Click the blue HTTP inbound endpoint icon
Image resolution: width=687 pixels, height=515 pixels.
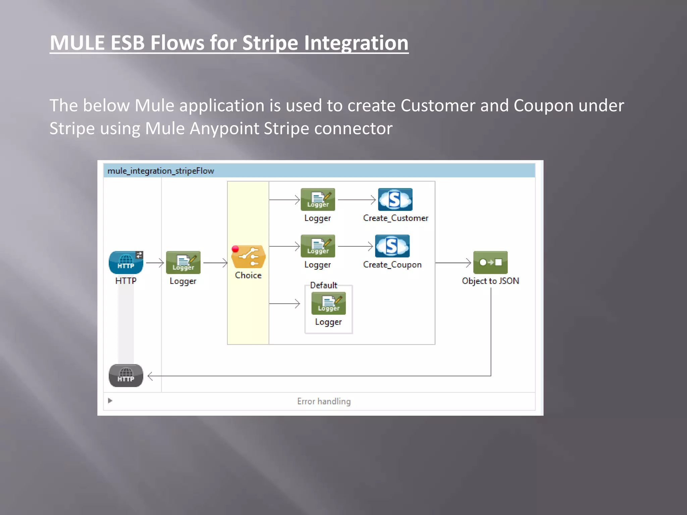click(x=126, y=262)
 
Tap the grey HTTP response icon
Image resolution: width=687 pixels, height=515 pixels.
click(x=126, y=376)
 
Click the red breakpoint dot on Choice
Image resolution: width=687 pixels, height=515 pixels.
click(x=235, y=249)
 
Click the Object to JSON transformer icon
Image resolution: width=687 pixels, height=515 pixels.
click(x=490, y=262)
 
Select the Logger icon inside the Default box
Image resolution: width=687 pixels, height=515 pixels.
click(x=328, y=303)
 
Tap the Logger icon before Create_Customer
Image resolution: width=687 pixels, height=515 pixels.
click(x=318, y=199)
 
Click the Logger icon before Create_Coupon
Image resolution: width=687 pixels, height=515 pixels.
click(x=318, y=246)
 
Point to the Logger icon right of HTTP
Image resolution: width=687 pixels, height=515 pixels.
click(x=183, y=262)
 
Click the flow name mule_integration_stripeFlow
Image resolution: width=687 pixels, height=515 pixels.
click(x=161, y=171)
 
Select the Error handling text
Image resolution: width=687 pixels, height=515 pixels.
click(x=324, y=401)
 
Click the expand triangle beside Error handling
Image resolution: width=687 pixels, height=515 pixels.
click(x=110, y=401)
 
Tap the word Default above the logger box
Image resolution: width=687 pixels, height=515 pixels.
click(x=323, y=285)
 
